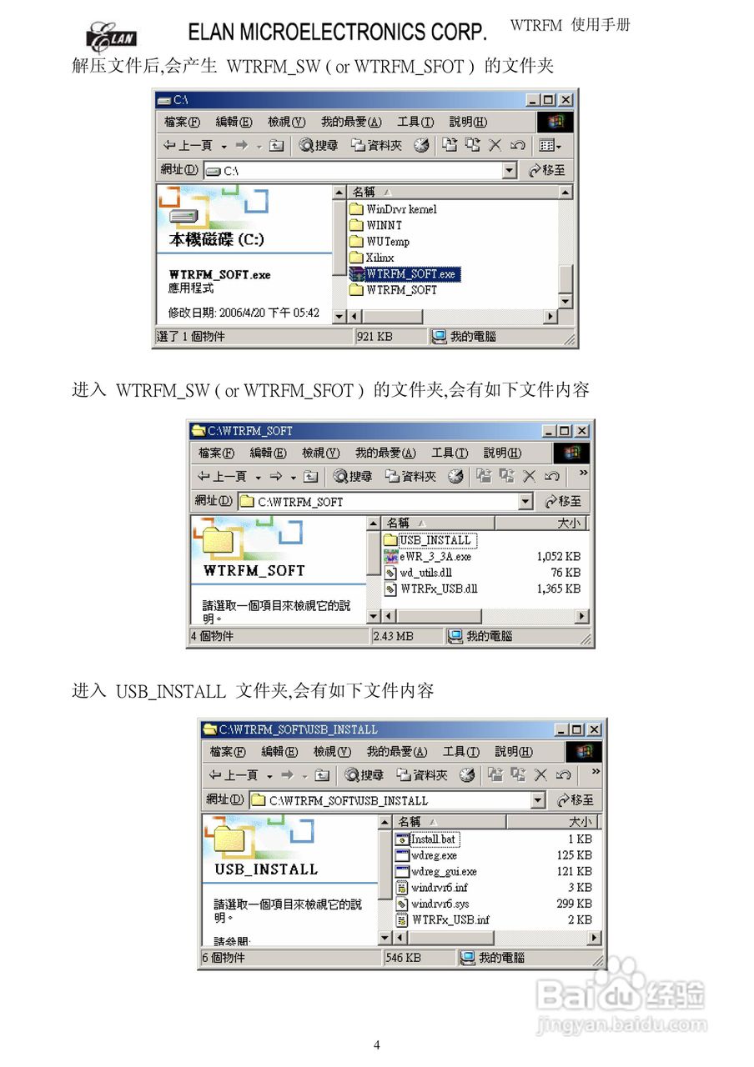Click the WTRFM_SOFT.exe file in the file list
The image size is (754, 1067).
(410, 273)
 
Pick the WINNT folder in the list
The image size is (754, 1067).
(384, 225)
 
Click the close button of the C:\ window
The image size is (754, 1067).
(565, 100)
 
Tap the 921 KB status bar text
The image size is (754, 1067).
(374, 337)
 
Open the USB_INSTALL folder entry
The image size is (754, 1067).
(435, 540)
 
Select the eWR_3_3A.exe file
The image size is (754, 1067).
(435, 556)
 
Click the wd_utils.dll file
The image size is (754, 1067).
(425, 573)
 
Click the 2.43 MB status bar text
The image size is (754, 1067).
(393, 636)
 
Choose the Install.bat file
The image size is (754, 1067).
(433, 839)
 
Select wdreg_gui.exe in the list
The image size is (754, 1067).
(444, 871)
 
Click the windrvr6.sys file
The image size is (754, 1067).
(440, 904)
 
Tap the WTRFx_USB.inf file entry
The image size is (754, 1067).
(450, 919)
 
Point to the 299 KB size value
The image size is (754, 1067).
(574, 904)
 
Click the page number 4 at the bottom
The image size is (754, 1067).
(376, 1045)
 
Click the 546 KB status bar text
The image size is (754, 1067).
(404, 958)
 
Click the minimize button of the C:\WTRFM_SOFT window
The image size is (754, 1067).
(548, 431)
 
